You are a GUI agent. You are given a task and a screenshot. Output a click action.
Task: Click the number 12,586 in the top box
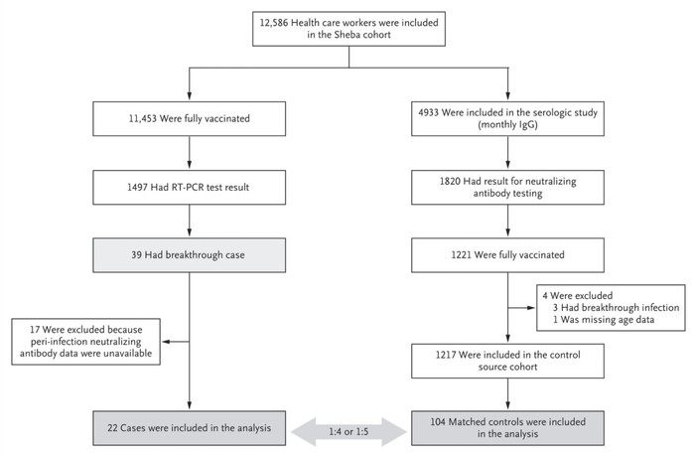[x=273, y=23]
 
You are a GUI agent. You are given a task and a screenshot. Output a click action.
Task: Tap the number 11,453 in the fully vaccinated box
[x=143, y=119]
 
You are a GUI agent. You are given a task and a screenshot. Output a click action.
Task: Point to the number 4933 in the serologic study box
[x=428, y=112]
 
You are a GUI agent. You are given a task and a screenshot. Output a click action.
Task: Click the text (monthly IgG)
[x=507, y=124]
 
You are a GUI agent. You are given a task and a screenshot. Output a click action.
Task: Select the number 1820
[x=450, y=182]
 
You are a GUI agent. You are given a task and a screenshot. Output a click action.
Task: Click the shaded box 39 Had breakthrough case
[x=190, y=255]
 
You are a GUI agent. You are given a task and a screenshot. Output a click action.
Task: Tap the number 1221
[x=462, y=255]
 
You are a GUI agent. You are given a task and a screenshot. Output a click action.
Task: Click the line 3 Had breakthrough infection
[x=616, y=308]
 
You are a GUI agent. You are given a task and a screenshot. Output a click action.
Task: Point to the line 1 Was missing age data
[x=604, y=320]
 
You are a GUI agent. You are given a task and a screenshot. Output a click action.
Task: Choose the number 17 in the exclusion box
[x=35, y=330]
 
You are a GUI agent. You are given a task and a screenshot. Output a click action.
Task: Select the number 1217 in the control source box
[x=446, y=355]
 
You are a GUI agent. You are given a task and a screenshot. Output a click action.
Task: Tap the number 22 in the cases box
[x=112, y=428]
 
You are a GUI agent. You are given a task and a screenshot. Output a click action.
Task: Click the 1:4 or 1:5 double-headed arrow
[x=348, y=432]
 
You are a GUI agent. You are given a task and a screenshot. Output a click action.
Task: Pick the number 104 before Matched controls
[x=438, y=422]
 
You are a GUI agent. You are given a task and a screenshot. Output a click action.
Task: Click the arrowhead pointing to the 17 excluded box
[x=166, y=342]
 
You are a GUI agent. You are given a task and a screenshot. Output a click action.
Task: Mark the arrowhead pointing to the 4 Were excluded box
[x=530, y=307]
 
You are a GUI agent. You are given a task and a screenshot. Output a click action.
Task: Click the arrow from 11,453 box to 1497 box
[x=190, y=152]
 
